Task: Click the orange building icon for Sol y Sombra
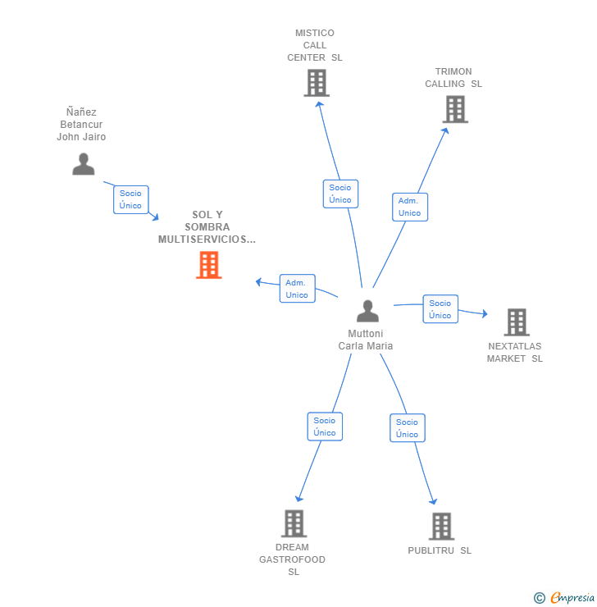point(209,265)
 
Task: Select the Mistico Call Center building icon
point(317,83)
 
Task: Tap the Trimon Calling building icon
point(455,109)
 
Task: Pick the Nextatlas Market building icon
point(516,322)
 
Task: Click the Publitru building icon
point(441,526)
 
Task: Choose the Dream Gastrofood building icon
point(294,523)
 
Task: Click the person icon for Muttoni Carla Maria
point(367,311)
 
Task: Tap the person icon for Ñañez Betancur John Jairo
point(83,164)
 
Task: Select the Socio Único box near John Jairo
point(131,199)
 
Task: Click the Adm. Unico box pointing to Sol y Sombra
point(297,289)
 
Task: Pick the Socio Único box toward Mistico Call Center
point(340,194)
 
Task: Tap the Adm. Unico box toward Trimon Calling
point(409,207)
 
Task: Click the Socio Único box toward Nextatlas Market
point(440,309)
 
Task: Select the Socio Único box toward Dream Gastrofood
point(325,427)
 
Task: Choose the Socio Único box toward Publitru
point(407,428)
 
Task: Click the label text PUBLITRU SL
point(440,550)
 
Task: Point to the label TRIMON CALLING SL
point(453,78)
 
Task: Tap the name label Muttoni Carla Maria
point(366,340)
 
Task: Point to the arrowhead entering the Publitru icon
point(434,503)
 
